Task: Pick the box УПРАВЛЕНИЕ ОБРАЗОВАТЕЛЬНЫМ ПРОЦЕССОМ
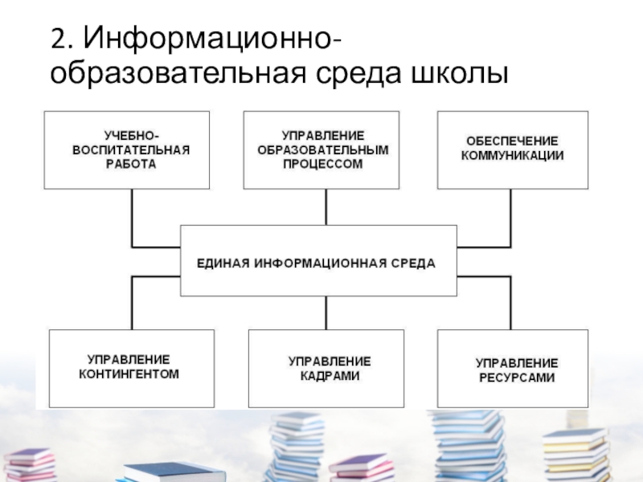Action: click(322, 149)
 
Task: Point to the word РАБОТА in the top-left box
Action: click(130, 164)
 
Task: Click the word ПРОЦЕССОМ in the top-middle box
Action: click(322, 164)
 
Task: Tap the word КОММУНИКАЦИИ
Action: click(513, 156)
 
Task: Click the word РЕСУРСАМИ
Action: click(515, 377)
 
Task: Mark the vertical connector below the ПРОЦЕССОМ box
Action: click(326, 206)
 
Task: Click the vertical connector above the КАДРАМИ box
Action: click(326, 312)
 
